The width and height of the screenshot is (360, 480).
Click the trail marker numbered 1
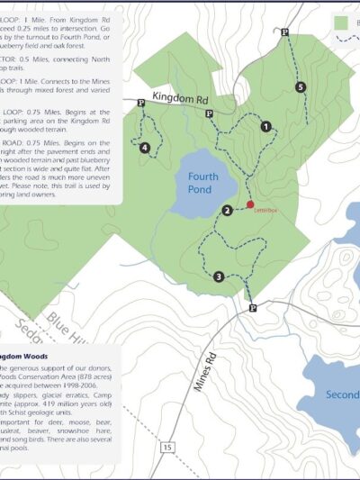265,127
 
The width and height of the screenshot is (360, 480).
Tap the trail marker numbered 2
228,211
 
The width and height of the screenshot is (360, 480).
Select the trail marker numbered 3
219,276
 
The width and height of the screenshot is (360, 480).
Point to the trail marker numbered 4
145,148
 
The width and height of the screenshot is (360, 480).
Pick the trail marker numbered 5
300,86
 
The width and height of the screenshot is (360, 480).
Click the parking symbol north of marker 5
284,32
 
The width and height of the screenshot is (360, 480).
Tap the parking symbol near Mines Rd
253,308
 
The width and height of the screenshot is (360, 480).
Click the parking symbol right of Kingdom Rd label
209,113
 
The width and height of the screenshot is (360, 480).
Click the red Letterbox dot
250,204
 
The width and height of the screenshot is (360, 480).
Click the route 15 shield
167,446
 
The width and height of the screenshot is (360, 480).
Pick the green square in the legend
340,21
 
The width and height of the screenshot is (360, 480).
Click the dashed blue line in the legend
347,40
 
